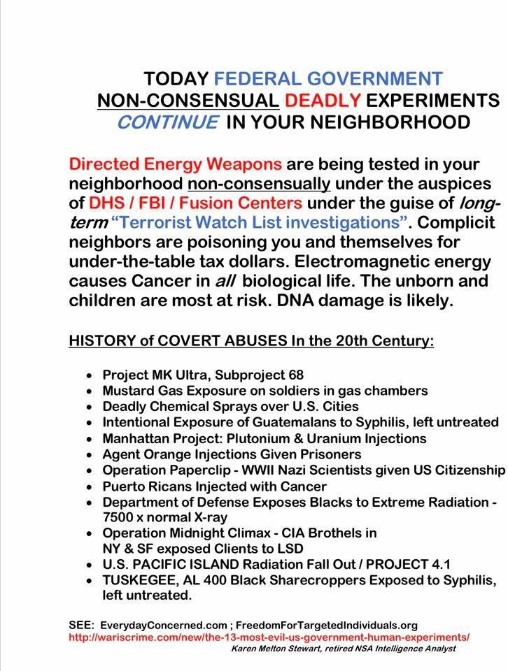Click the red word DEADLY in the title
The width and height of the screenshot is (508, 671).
(320, 100)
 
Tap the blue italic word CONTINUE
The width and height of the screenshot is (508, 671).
(167, 122)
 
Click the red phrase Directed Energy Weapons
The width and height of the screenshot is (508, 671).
(176, 165)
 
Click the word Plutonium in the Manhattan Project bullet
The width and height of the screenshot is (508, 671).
(267, 438)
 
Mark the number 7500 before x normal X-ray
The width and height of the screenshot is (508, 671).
(119, 518)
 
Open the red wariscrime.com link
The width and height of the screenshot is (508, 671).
(269, 637)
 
